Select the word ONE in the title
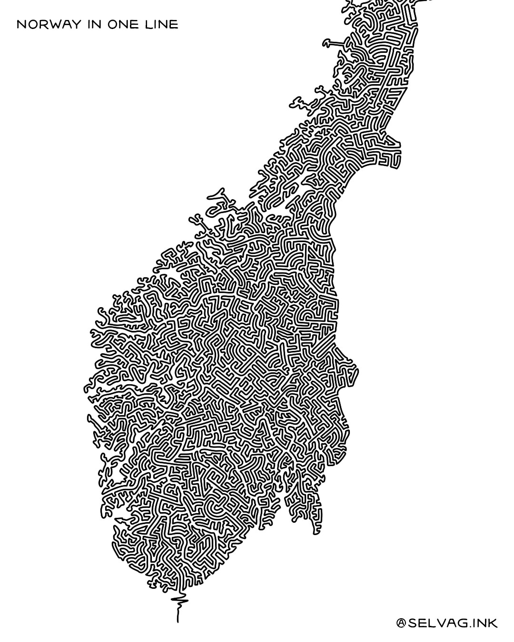[125, 24]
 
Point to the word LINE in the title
[162, 24]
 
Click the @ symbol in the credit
[401, 623]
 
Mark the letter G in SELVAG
[463, 623]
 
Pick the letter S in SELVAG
[412, 623]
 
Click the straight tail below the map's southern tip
[178, 613]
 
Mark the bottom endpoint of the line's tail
[178, 622]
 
